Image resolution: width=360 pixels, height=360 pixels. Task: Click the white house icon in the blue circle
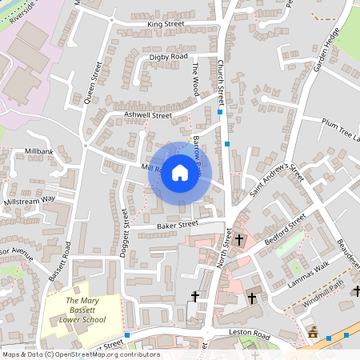click(180, 172)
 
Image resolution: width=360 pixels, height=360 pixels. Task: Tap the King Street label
click(166, 24)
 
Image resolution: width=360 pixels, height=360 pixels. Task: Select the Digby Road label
click(168, 58)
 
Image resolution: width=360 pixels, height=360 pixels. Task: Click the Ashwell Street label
click(148, 115)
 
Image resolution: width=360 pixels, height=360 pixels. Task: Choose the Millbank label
click(38, 150)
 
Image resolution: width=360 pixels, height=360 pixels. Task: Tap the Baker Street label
click(177, 225)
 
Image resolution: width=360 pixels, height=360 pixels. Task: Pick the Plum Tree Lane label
click(341, 130)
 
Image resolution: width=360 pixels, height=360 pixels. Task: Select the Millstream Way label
click(30, 199)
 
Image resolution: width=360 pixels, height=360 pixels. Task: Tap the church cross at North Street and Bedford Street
click(238, 239)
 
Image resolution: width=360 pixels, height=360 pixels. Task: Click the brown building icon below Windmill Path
click(313, 331)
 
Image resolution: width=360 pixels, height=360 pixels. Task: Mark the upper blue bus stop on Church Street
click(220, 113)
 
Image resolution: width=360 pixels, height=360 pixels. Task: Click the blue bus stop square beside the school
click(127, 334)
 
